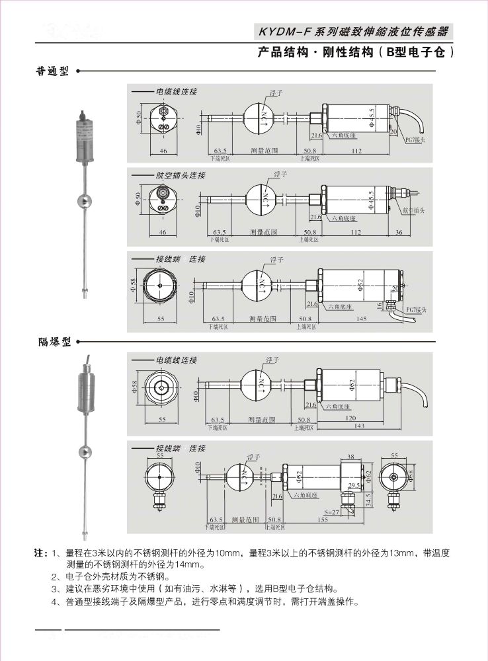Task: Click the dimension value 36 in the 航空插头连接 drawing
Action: tap(399, 232)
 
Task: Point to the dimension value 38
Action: tap(351, 456)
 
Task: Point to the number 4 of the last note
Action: tap(54, 602)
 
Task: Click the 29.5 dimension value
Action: tap(354, 485)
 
